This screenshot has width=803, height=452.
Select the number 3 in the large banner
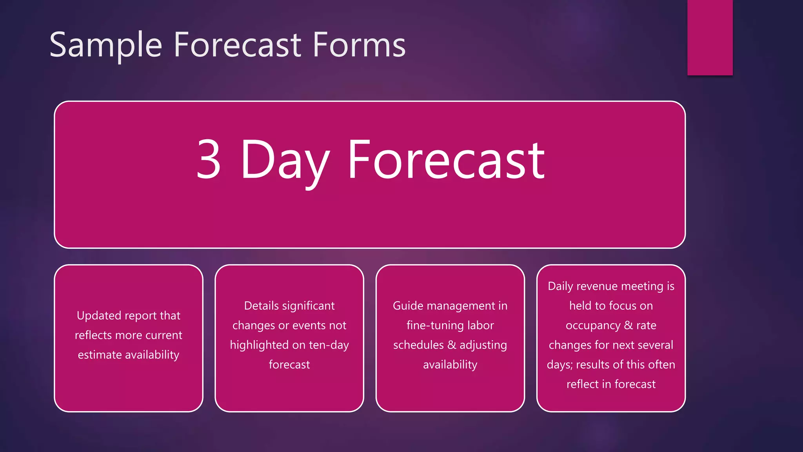click(209, 159)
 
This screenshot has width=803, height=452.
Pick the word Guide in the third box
click(408, 306)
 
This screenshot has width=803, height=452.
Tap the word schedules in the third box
click(418, 345)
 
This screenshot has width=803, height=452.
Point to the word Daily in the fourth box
click(560, 286)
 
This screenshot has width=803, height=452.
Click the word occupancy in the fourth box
click(593, 326)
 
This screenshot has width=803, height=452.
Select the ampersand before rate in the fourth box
click(628, 325)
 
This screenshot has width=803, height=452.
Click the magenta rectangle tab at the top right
click(710, 37)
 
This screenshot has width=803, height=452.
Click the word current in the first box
click(164, 335)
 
